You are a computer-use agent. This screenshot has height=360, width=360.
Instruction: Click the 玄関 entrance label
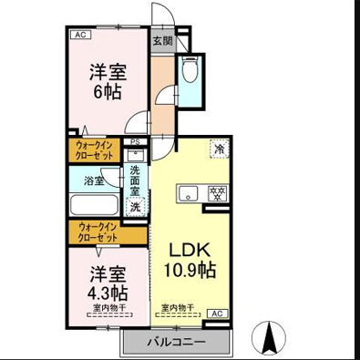tap(161, 41)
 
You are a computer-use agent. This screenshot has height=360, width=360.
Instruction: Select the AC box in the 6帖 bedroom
tap(80, 35)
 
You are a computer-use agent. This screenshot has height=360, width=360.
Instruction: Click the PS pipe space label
tap(135, 141)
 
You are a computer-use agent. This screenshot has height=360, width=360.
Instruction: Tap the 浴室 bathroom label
tap(94, 180)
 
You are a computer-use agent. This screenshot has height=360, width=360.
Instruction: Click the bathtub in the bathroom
tap(94, 204)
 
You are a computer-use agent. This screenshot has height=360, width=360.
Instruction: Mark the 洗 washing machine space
tap(135, 207)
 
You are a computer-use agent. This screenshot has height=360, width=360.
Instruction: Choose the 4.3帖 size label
tap(108, 292)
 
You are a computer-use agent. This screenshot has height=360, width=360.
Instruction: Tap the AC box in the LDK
tap(217, 314)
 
